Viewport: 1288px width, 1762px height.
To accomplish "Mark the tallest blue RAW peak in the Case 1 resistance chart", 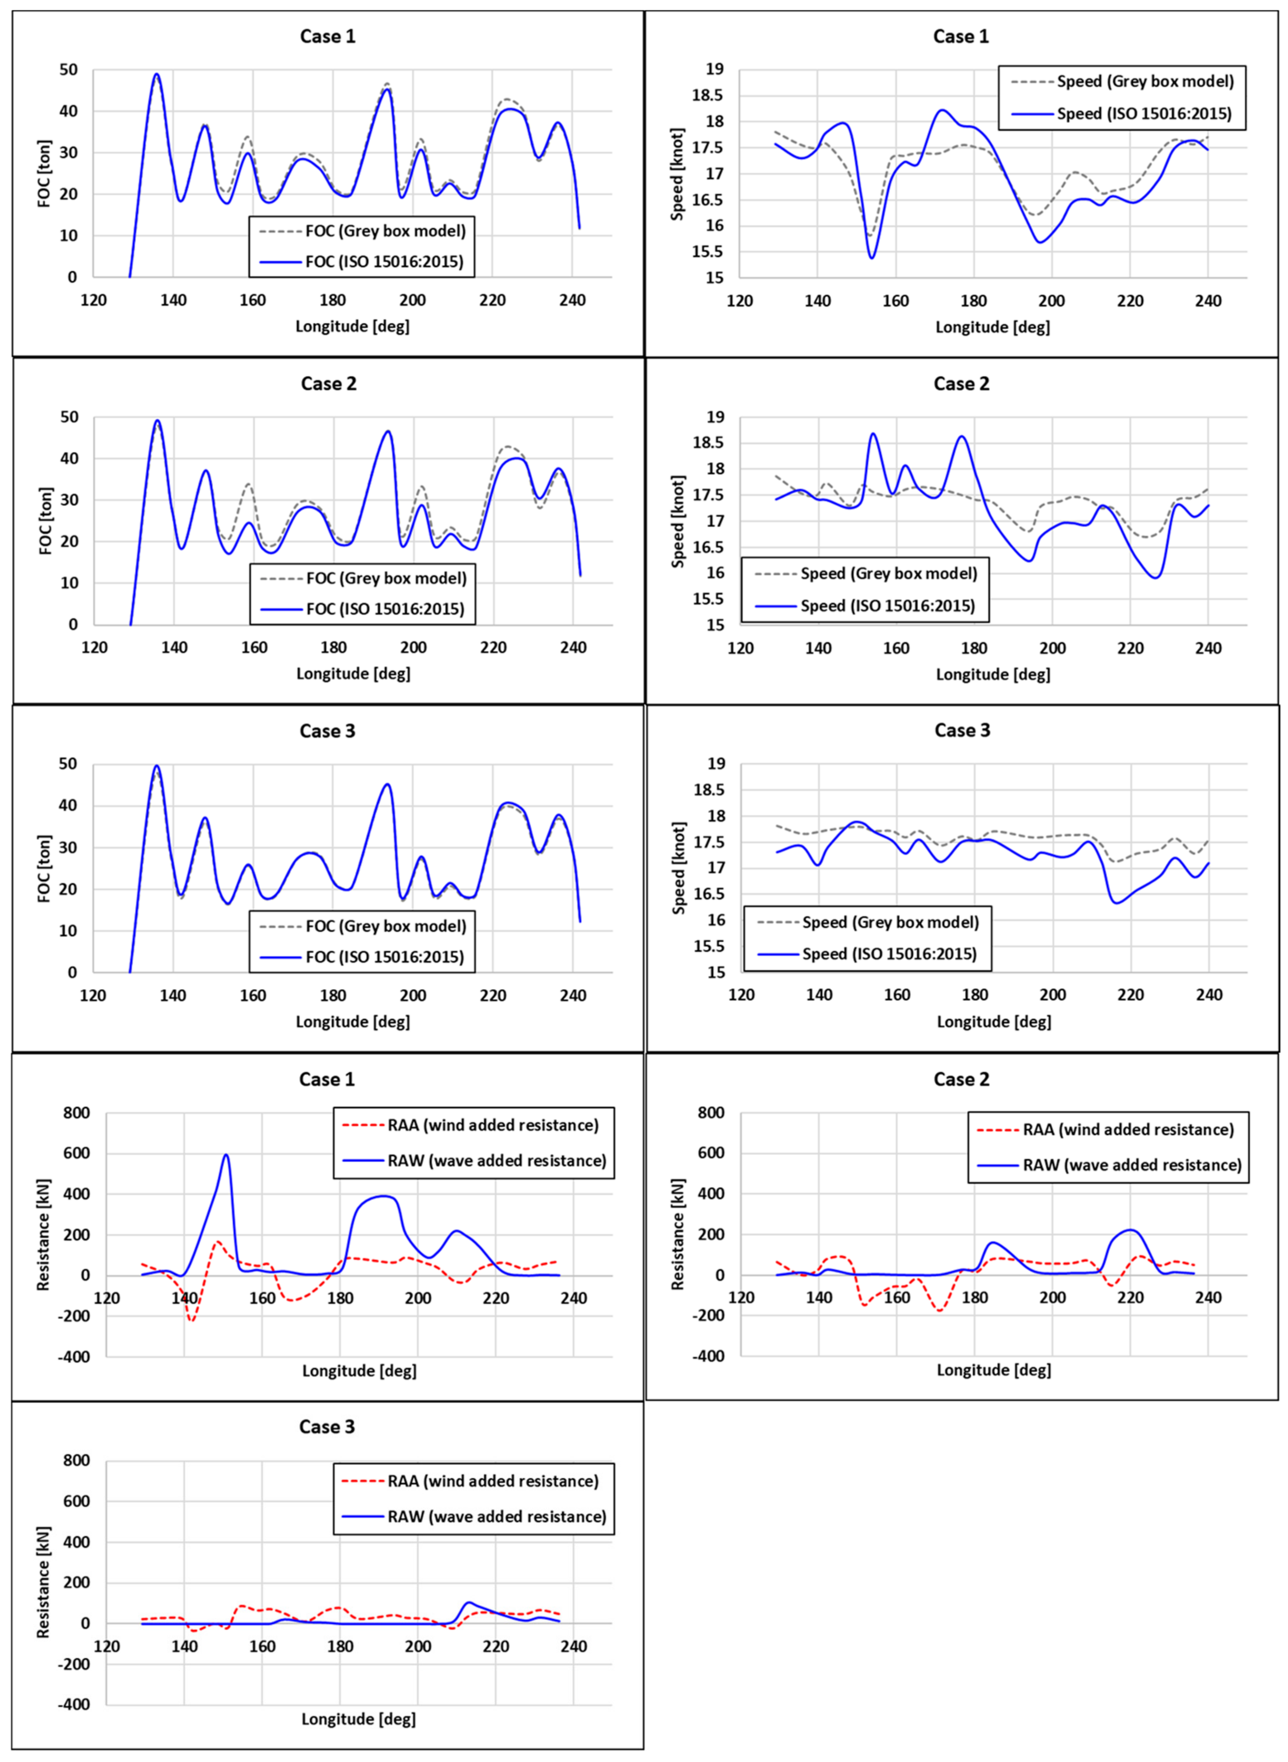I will pyautogui.click(x=226, y=1155).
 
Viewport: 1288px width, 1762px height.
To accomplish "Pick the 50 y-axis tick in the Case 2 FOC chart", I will pyautogui.click(x=69, y=417).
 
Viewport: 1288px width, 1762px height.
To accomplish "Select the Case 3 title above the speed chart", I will pyautogui.click(x=962, y=731).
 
